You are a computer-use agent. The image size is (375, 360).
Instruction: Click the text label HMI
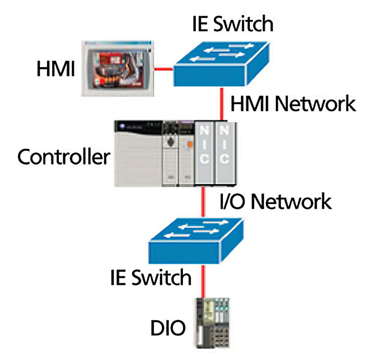click(x=55, y=69)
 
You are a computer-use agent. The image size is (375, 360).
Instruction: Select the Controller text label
click(x=64, y=157)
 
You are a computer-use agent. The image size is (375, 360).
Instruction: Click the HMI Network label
click(x=293, y=103)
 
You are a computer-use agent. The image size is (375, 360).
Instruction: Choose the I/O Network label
click(x=275, y=202)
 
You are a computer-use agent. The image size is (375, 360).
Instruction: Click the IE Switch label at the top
click(x=232, y=24)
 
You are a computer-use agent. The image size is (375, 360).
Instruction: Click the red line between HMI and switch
click(x=164, y=69)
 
